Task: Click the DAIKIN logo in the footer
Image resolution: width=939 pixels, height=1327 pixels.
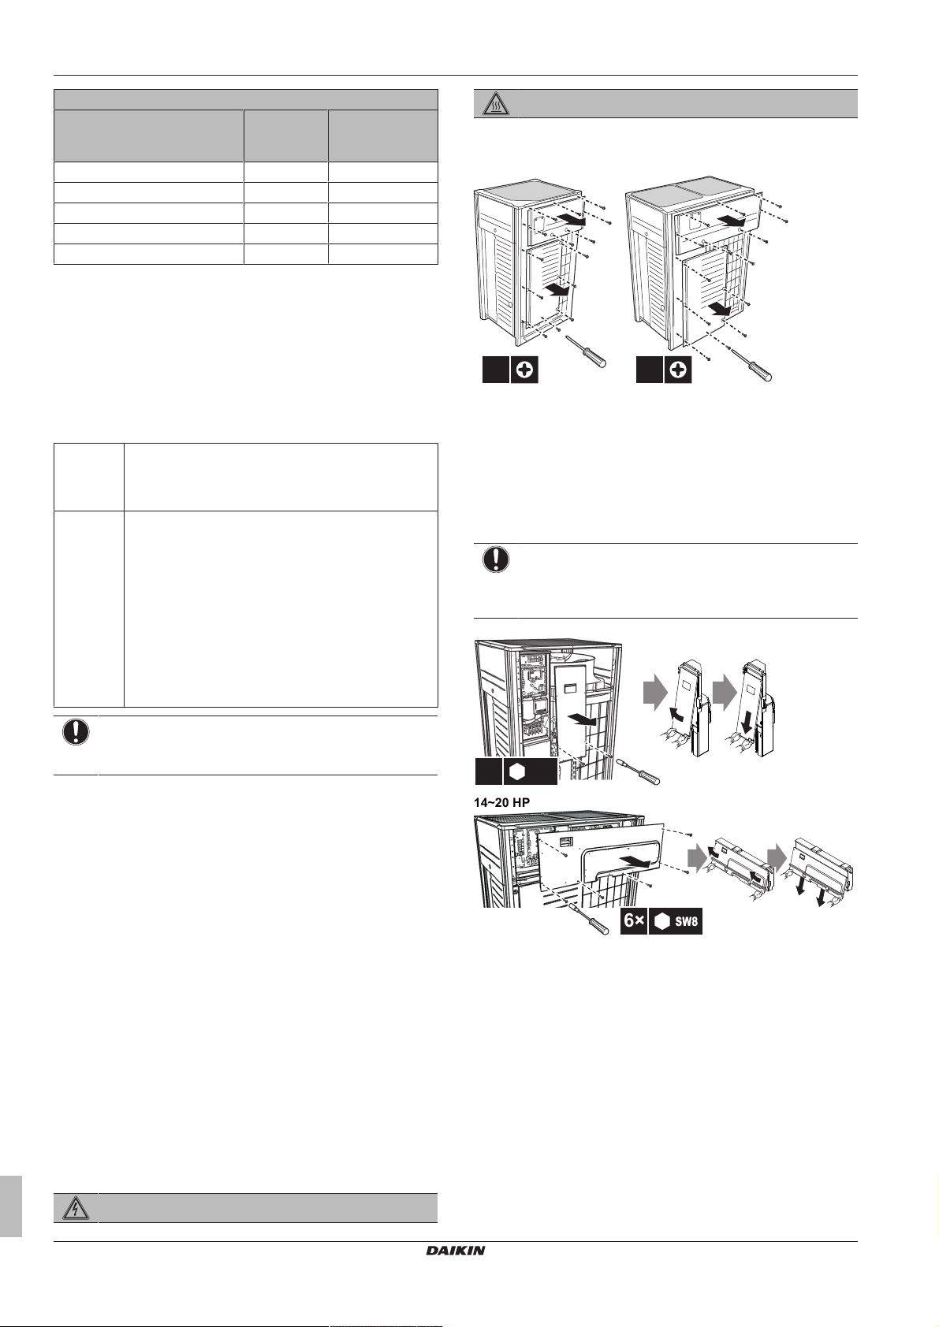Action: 455,1251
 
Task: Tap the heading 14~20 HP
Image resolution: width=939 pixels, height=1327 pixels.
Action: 501,802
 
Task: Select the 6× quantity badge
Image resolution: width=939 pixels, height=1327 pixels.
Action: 634,921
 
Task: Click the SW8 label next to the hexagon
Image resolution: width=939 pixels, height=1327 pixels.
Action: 687,922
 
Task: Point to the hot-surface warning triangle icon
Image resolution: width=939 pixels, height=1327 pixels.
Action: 494,105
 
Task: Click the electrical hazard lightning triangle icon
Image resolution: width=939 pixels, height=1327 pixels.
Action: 76,1208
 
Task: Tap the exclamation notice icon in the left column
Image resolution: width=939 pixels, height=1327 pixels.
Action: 76,731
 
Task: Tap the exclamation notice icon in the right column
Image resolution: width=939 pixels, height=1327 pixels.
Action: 496,559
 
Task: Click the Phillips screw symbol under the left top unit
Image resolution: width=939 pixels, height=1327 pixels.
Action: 524,370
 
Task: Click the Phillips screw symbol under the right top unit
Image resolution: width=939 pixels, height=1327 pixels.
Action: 678,370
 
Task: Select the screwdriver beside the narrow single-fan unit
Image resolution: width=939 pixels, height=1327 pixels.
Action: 587,352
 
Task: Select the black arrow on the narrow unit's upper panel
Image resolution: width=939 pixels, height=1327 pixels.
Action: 574,221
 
